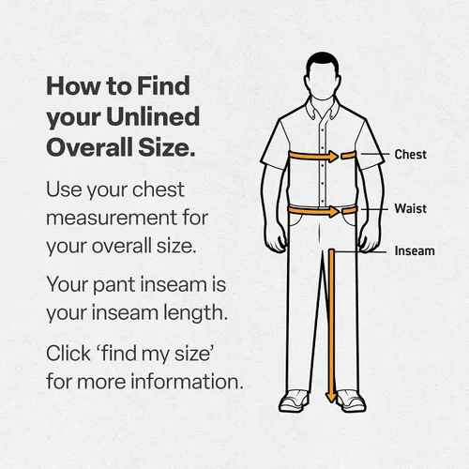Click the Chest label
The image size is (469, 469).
click(x=410, y=155)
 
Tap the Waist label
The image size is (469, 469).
click(x=410, y=208)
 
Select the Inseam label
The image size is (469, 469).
click(x=415, y=250)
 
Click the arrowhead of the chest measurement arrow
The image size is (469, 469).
click(x=333, y=156)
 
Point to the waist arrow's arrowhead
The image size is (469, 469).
click(x=333, y=211)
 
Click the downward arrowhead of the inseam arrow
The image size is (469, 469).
click(x=331, y=398)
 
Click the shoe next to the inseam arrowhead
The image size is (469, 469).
click(x=351, y=401)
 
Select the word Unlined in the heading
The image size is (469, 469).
click(x=153, y=116)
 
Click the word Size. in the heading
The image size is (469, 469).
click(x=167, y=147)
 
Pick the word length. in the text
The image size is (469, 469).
click(x=196, y=313)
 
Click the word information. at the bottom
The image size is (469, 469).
click(x=187, y=381)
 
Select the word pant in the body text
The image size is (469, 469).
click(x=113, y=286)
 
